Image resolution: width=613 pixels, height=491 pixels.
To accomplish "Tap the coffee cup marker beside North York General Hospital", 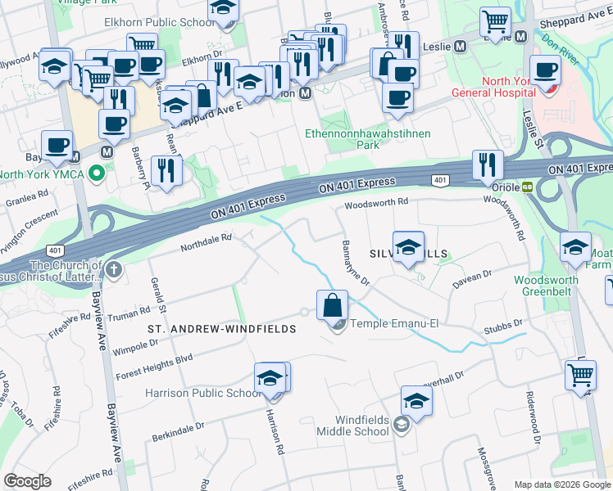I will (545, 71).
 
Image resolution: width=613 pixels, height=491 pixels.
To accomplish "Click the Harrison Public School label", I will (202, 393).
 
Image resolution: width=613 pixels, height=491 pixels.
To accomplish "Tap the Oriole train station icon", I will (529, 187).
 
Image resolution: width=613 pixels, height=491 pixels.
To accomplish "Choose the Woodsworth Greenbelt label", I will (546, 286).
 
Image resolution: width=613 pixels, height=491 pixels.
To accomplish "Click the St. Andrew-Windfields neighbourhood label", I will (220, 328).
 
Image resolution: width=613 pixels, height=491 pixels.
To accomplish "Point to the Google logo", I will (27, 480).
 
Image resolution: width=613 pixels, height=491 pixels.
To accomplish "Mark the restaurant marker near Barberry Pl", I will (167, 171).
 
